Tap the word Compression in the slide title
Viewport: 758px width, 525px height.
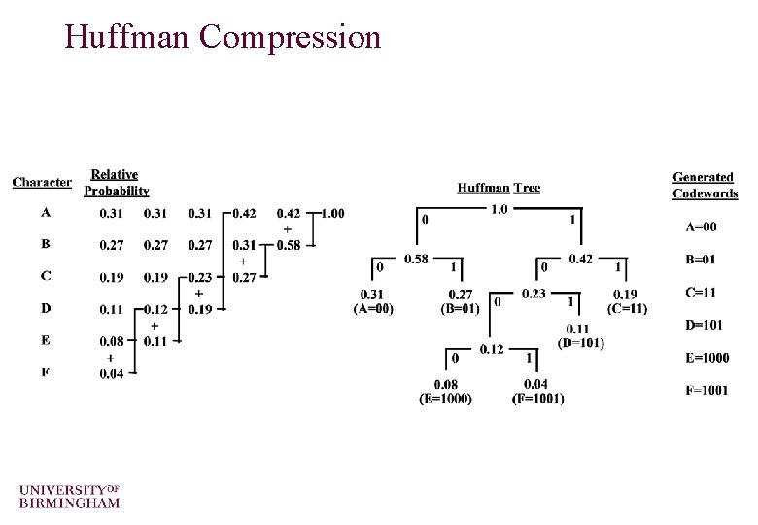291,37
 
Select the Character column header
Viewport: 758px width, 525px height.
42,182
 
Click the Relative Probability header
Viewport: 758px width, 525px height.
116,183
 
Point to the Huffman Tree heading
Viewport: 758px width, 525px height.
499,188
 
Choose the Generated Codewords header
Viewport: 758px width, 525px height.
705,185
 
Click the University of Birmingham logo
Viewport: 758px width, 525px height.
69,495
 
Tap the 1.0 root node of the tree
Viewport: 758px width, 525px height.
499,209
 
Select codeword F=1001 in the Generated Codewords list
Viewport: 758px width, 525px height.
707,390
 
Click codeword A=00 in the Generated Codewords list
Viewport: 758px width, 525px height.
702,227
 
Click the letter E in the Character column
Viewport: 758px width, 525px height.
46,340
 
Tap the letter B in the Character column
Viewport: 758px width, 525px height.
46,244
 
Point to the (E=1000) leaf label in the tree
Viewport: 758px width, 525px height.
445,399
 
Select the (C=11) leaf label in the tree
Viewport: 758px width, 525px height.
627,309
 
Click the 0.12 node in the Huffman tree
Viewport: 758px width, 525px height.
492,349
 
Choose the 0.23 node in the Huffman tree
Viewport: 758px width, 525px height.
534,293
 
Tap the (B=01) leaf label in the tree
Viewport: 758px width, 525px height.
460,309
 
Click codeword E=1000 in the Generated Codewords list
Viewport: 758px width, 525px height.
707,357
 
